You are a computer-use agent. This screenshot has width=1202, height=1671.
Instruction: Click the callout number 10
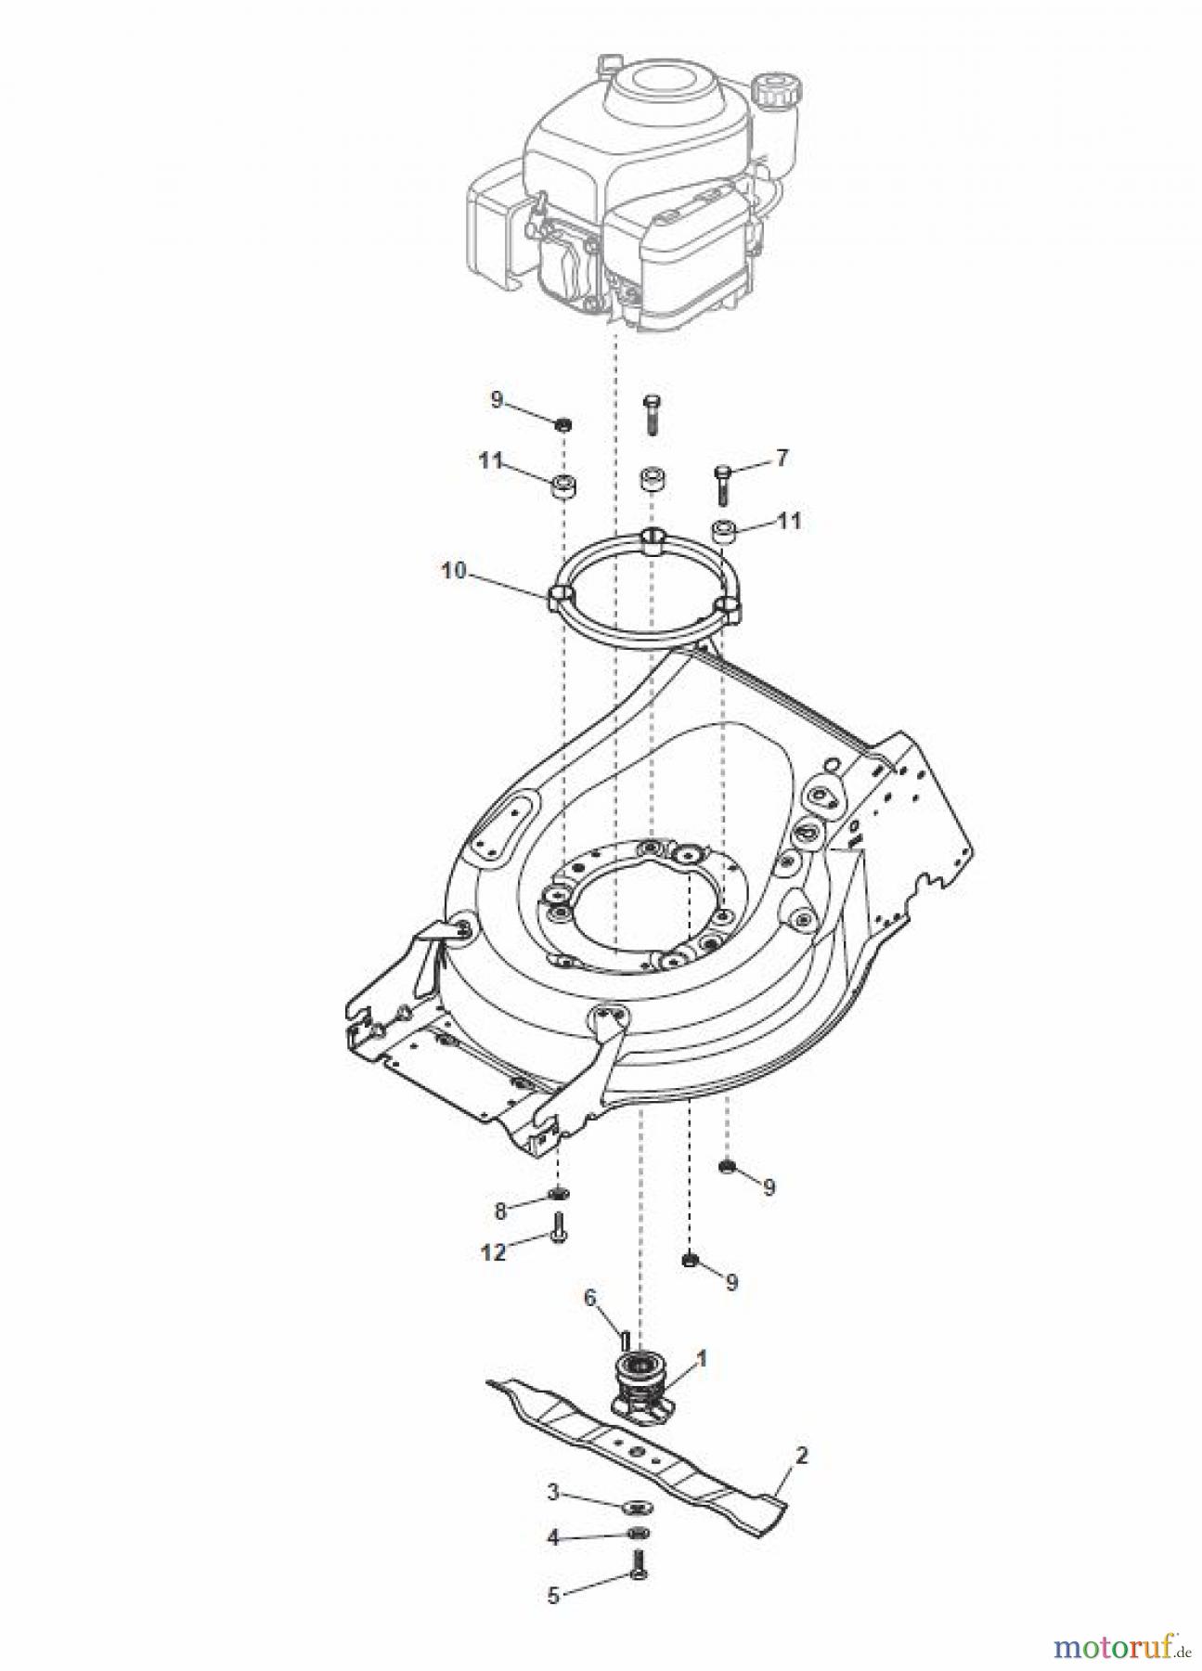(453, 571)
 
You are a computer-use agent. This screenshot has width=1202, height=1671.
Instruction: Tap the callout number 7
(782, 459)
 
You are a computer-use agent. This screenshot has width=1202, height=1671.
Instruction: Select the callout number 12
(494, 1252)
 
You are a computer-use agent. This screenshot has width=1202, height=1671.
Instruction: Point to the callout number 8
(500, 1211)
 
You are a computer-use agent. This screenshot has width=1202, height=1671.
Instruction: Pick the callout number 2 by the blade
(801, 1455)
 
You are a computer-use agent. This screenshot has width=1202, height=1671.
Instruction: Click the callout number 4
(553, 1563)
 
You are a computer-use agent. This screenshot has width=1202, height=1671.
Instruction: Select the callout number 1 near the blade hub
(702, 1358)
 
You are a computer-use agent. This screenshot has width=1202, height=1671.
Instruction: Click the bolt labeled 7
(723, 483)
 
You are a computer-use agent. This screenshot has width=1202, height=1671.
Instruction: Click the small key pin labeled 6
(626, 1340)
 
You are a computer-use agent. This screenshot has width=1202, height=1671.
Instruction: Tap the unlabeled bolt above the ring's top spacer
(651, 413)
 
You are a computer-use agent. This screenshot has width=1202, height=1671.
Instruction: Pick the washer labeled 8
(560, 1193)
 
